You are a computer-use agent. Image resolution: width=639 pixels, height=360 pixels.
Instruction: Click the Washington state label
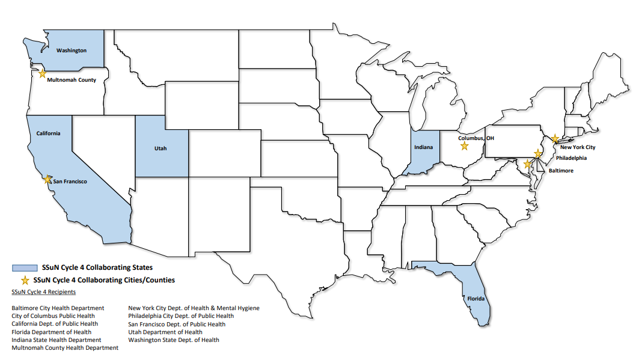click(72, 50)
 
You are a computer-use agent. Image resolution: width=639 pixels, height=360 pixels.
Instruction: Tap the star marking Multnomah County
click(42, 73)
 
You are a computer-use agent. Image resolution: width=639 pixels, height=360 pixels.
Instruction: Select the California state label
click(48, 133)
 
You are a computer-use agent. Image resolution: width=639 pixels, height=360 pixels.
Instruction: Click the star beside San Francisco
click(47, 178)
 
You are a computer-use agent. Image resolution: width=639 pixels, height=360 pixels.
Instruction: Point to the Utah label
click(161, 148)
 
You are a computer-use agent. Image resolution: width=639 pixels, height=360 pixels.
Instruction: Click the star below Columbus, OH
click(464, 146)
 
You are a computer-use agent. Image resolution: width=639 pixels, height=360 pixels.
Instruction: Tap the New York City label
click(578, 147)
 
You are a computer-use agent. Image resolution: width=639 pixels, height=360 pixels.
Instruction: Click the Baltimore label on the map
click(561, 171)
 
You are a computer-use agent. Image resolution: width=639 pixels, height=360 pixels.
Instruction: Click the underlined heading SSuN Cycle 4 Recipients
click(44, 292)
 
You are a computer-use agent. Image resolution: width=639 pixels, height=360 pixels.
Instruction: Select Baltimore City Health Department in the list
click(58, 308)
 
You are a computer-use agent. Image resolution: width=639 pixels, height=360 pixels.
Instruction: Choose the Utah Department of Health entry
click(165, 332)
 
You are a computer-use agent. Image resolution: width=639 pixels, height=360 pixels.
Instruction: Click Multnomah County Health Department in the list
click(65, 348)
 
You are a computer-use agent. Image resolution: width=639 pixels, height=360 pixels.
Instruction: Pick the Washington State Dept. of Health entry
click(174, 340)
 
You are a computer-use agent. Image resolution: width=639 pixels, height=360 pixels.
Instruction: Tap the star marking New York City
click(555, 139)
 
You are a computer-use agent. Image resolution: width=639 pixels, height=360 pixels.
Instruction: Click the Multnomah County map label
click(72, 80)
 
